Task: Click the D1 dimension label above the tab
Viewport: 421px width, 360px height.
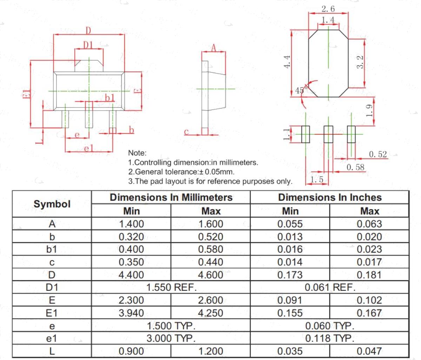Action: click(88, 45)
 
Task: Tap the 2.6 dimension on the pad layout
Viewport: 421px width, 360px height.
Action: click(328, 9)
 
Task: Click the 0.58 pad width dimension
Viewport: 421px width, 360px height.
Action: click(355, 168)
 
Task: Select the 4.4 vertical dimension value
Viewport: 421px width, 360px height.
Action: click(287, 61)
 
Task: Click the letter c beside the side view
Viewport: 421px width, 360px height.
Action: click(186, 131)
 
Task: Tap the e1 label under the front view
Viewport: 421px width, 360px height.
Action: click(89, 148)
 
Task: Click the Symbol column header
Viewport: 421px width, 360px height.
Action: click(52, 204)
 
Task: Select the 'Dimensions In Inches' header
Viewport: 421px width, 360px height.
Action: click(330, 197)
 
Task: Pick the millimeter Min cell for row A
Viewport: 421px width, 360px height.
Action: click(131, 224)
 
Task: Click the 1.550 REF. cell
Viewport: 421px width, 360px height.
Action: click(172, 287)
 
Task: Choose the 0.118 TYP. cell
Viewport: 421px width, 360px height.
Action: click(330, 338)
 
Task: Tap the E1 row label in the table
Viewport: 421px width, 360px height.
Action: click(52, 313)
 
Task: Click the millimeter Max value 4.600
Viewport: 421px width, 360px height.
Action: click(210, 275)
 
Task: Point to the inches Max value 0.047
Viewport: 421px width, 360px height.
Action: click(369, 351)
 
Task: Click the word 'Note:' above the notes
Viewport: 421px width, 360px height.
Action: click(137, 153)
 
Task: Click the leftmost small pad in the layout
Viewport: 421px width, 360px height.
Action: click(306, 134)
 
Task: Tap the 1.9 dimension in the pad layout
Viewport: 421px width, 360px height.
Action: click(369, 111)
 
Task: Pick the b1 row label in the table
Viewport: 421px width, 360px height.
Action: click(52, 249)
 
